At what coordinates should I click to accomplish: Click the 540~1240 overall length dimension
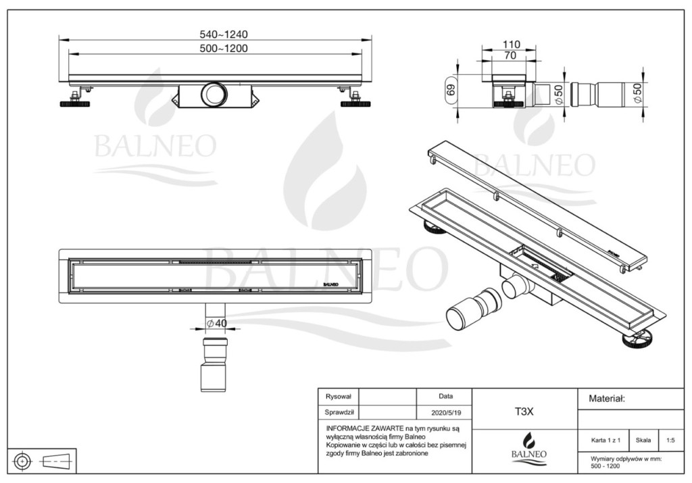coord(223,34)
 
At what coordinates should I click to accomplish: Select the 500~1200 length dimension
coord(223,48)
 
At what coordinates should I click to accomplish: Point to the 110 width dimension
coord(511,44)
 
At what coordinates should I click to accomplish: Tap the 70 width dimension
coord(510,55)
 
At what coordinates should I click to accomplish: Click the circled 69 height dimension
coord(451,90)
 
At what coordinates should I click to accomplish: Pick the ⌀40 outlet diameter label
coord(217,324)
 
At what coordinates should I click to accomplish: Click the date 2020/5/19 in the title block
coord(446,413)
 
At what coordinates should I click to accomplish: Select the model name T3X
coord(524,411)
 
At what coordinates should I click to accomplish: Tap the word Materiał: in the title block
coord(607,399)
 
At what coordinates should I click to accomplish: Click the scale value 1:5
coord(670,440)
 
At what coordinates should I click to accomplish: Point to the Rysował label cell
coord(339,397)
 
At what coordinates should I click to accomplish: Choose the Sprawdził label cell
coord(339,413)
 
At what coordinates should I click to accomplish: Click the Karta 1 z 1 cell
coord(605,440)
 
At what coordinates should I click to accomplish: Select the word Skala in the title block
coord(643,440)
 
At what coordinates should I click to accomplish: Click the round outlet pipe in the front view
coord(214,94)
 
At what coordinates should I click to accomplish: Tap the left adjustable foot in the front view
coord(74,101)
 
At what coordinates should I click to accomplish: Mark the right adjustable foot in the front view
coord(355,101)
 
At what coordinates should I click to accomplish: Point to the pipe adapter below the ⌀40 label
coord(214,364)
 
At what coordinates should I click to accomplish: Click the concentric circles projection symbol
coord(22,461)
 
